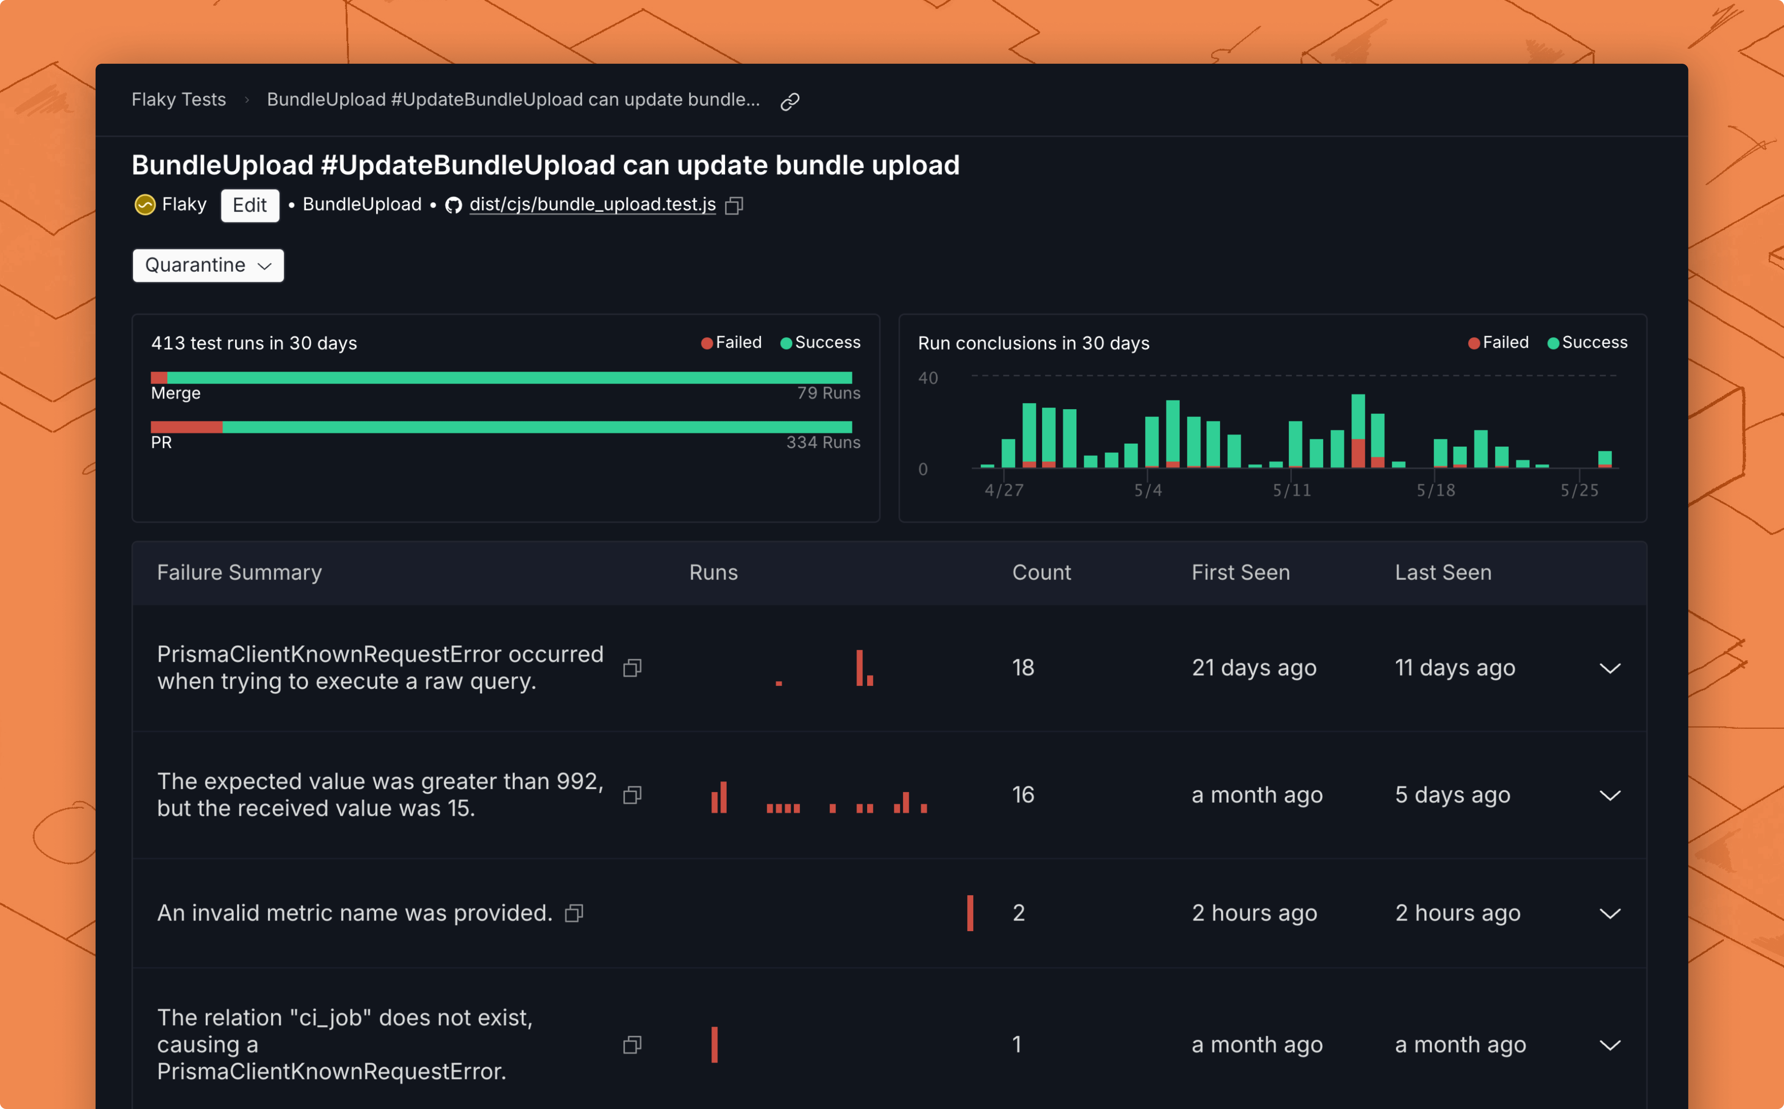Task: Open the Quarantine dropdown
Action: pyautogui.click(x=208, y=265)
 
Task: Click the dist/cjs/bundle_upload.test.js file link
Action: pyautogui.click(x=593, y=205)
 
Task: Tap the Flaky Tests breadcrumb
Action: pyautogui.click(x=179, y=100)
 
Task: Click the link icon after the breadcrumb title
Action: pyautogui.click(x=790, y=101)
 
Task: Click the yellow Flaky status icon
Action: pyautogui.click(x=145, y=205)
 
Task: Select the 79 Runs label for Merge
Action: pyautogui.click(x=829, y=393)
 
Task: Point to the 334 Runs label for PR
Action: pyautogui.click(x=824, y=442)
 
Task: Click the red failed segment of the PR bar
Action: pyautogui.click(x=187, y=427)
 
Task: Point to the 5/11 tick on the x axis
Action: pyautogui.click(x=1292, y=490)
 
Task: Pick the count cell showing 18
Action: pyautogui.click(x=1023, y=667)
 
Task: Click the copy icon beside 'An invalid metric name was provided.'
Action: pyautogui.click(x=574, y=913)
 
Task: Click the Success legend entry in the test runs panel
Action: pyautogui.click(x=821, y=343)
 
